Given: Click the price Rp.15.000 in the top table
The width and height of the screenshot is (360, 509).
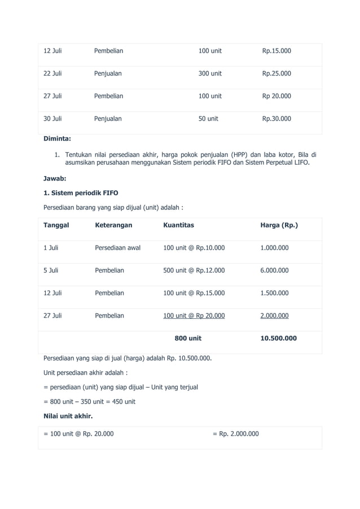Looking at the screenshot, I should coord(276,51).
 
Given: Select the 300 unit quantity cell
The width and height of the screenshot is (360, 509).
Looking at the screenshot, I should coord(210,73).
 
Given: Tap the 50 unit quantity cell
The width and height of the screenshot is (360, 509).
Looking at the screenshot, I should coord(208,119).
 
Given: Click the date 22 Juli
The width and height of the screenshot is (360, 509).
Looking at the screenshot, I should coord(53,73).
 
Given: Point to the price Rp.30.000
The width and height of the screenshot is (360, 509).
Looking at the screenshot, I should coord(276,119).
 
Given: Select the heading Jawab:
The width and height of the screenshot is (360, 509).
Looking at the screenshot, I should coord(55,178).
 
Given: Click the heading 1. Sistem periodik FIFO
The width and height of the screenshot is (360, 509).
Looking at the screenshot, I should coord(81,193).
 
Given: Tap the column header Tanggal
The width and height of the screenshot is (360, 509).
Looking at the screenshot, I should coord(56,225).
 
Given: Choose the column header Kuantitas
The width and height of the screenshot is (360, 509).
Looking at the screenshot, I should coord(178,225).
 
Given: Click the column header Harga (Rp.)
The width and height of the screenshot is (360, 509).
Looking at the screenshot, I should coord(279,225).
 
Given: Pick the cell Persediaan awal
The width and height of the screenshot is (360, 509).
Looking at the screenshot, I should coord(117,248).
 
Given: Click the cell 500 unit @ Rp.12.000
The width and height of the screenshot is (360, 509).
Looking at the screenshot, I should coord(194,270).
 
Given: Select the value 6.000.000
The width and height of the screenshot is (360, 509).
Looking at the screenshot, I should coord(274,270).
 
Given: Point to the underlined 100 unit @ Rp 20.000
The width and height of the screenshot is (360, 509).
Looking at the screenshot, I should coord(194,315).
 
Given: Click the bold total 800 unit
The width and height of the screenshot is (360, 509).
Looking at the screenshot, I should coord(188,338).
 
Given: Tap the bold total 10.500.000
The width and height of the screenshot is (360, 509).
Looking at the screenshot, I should coord(278,338).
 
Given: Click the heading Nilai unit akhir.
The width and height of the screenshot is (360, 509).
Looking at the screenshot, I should coord(68,416).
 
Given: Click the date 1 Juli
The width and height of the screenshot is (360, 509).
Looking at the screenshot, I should coord(51,248).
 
